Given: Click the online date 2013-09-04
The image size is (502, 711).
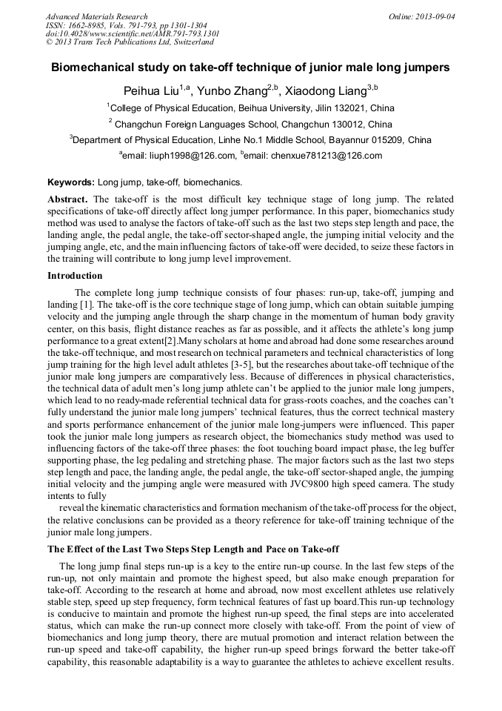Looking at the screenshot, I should (x=433, y=16).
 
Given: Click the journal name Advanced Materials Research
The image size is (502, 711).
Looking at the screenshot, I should (x=96, y=16).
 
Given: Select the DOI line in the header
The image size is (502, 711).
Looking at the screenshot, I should (x=132, y=33).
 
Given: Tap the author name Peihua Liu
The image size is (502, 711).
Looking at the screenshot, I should (x=151, y=90).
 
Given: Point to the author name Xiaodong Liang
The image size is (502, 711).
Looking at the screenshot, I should (x=326, y=90).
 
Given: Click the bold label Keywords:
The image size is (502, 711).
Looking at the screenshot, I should (x=71, y=182).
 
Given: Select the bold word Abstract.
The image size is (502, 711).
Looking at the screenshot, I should (x=67, y=200).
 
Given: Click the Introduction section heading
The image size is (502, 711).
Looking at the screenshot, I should (x=75, y=275).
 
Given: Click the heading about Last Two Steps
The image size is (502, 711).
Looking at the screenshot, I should (x=193, y=549).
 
